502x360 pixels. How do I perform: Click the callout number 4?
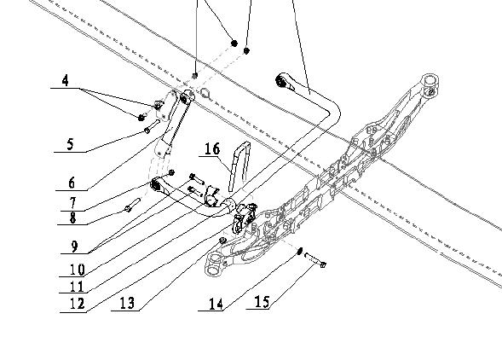point(65,80)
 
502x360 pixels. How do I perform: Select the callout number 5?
point(71,144)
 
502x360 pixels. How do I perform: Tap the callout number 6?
point(72,183)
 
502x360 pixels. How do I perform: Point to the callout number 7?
point(73,203)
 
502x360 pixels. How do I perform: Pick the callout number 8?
point(73,218)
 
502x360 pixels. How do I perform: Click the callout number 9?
point(74,247)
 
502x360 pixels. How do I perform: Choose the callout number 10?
point(78,270)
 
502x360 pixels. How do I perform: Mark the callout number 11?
point(77,287)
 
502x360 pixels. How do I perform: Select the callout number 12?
point(78,304)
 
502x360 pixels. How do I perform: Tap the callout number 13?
point(127,303)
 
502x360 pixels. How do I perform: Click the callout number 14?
point(216,304)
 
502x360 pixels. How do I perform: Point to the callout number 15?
point(262,302)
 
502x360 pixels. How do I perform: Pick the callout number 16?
point(212,149)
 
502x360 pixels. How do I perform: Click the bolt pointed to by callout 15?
point(315,259)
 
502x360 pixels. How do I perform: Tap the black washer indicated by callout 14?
point(300,250)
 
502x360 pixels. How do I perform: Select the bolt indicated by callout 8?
point(133,205)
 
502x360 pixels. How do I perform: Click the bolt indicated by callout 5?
point(152,126)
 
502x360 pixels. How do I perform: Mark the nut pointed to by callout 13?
point(222,240)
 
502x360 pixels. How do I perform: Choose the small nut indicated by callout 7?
point(171,172)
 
